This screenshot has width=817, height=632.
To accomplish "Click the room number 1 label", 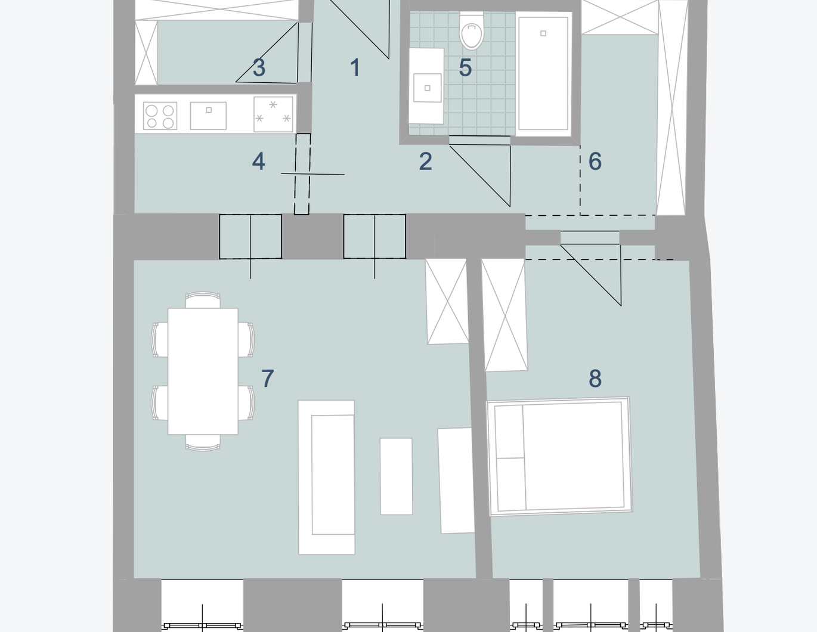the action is click(x=355, y=67).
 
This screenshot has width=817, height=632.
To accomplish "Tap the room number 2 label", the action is click(x=425, y=161).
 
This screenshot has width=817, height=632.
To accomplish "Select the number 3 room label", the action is click(x=259, y=67).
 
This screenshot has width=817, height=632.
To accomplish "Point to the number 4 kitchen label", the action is click(x=258, y=162).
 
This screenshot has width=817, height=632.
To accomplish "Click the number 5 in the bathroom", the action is click(x=465, y=67).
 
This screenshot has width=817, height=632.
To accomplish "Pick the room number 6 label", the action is click(x=595, y=161).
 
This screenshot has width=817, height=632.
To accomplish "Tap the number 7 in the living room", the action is click(x=267, y=379).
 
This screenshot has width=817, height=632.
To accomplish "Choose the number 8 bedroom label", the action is click(x=595, y=379).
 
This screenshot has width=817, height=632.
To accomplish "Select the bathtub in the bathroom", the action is click(x=543, y=74).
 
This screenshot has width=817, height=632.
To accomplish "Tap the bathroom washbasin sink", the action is click(x=427, y=88).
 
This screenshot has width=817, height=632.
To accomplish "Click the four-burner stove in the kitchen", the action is click(x=160, y=116).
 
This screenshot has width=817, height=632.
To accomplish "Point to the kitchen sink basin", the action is click(x=208, y=116).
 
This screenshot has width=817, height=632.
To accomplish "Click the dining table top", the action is click(x=203, y=371).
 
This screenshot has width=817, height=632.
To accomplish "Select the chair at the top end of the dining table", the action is click(x=203, y=300).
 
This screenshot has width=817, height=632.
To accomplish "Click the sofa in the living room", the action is click(x=326, y=477).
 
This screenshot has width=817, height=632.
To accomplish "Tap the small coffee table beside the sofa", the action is click(x=397, y=476).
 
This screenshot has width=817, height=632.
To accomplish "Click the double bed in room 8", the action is click(x=560, y=457).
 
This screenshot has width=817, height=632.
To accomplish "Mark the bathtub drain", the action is click(x=543, y=33).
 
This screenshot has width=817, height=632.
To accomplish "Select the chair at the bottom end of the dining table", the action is click(x=203, y=442).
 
